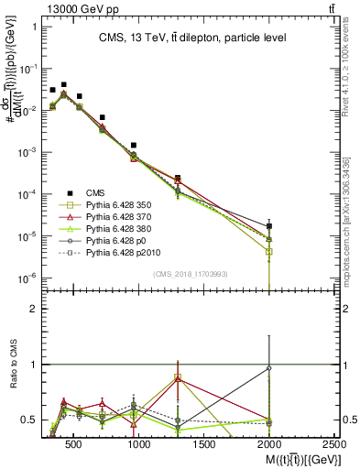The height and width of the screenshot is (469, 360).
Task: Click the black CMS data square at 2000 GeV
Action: click(x=269, y=225)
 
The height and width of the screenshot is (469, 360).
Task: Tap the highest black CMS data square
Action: click(x=63, y=84)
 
